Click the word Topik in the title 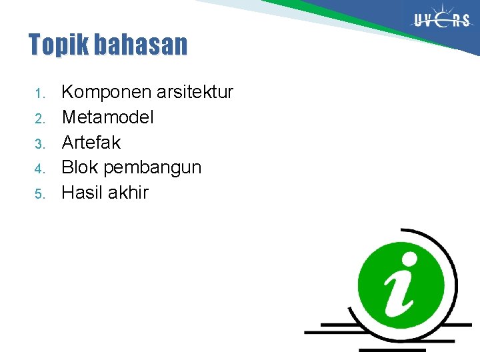pos(59,45)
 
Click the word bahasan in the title pos(141,45)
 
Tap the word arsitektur pos(193,92)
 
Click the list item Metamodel pos(107,117)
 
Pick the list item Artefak pos(91,143)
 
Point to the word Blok pos(80,167)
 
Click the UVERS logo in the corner pos(441,20)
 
